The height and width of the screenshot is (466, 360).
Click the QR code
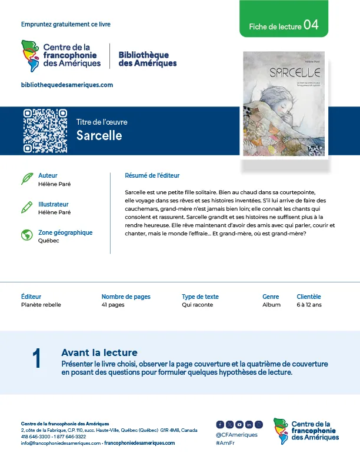[45, 131]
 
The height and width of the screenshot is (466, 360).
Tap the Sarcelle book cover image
[284, 105]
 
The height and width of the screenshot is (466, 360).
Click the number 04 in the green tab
[311, 25]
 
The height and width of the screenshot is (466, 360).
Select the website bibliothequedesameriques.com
[66, 85]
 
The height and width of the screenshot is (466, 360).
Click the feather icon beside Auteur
[26, 178]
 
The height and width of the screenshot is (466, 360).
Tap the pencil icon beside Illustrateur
[26, 207]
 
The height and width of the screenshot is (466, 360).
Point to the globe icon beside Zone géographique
[26, 235]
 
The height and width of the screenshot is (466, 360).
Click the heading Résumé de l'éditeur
[152, 175]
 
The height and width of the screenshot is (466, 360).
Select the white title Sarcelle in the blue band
[99, 135]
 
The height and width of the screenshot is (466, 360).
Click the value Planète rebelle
[41, 305]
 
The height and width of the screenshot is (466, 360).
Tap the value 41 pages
[113, 305]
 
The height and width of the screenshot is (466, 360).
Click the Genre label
[271, 297]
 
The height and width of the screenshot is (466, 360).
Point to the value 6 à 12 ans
[309, 305]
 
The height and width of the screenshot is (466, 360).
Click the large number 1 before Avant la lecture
[36, 359]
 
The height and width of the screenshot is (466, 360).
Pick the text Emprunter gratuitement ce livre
[66, 24]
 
